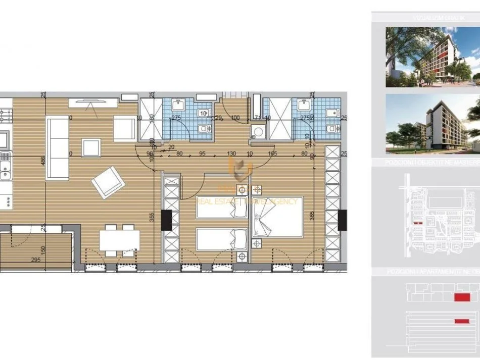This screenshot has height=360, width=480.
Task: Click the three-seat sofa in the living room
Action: tap(57, 148)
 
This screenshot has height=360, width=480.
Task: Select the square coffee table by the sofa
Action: tap(91, 148)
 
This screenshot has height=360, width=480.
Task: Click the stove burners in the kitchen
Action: tap(5, 116)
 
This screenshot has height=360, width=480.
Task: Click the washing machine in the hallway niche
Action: tap(258, 133)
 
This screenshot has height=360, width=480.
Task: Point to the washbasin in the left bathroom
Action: tap(178, 106)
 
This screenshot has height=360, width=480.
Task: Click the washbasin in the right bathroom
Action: tap(304, 106)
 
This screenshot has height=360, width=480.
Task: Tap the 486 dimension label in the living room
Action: tap(43, 161)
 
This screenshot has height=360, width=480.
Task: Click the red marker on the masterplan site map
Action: tap(417, 223)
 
